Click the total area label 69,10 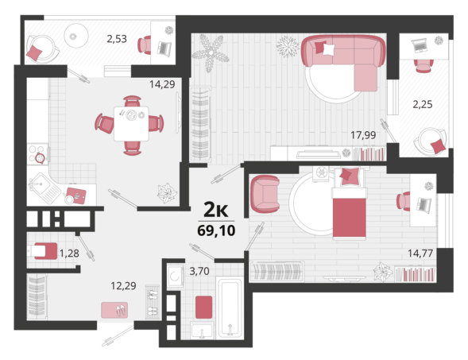click(x=216, y=230)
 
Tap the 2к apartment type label click(x=215, y=210)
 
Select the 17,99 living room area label click(x=363, y=135)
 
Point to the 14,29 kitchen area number click(x=162, y=84)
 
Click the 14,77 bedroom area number click(x=420, y=254)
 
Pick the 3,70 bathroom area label click(x=199, y=271)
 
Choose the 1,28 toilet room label click(x=69, y=254)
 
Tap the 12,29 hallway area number click(x=123, y=286)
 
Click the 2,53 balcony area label click(x=117, y=39)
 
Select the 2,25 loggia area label click(x=423, y=104)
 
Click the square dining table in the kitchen click(x=131, y=124)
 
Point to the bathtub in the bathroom click(x=230, y=308)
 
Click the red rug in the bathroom click(x=204, y=308)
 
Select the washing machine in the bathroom click(x=175, y=276)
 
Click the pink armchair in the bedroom click(x=265, y=194)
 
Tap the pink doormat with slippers click(x=114, y=310)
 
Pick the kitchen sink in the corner click(x=41, y=186)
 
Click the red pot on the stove click(x=40, y=158)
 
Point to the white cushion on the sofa click(x=329, y=49)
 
